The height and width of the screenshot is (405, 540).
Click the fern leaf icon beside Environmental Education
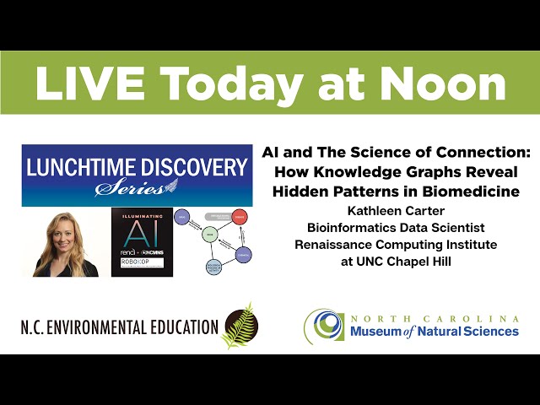coord(239,325)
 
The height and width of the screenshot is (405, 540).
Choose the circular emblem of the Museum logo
coord(324,325)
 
